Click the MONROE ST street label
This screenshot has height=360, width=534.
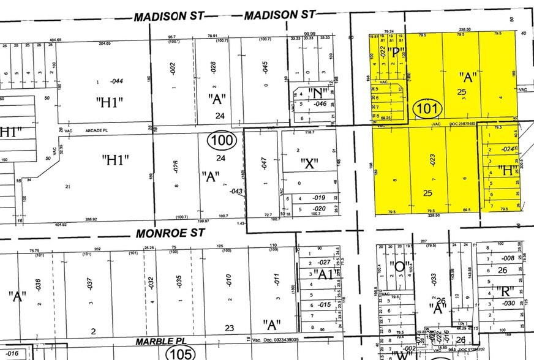tap(163, 233)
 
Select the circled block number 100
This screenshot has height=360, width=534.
tap(220, 141)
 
